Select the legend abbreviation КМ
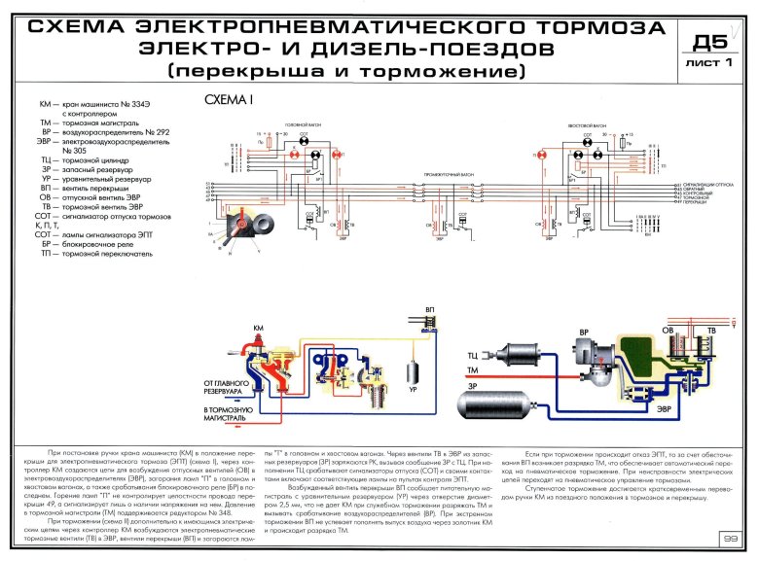click(x=44, y=102)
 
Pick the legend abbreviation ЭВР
click(x=42, y=142)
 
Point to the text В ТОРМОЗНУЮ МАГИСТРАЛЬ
click(x=229, y=412)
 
